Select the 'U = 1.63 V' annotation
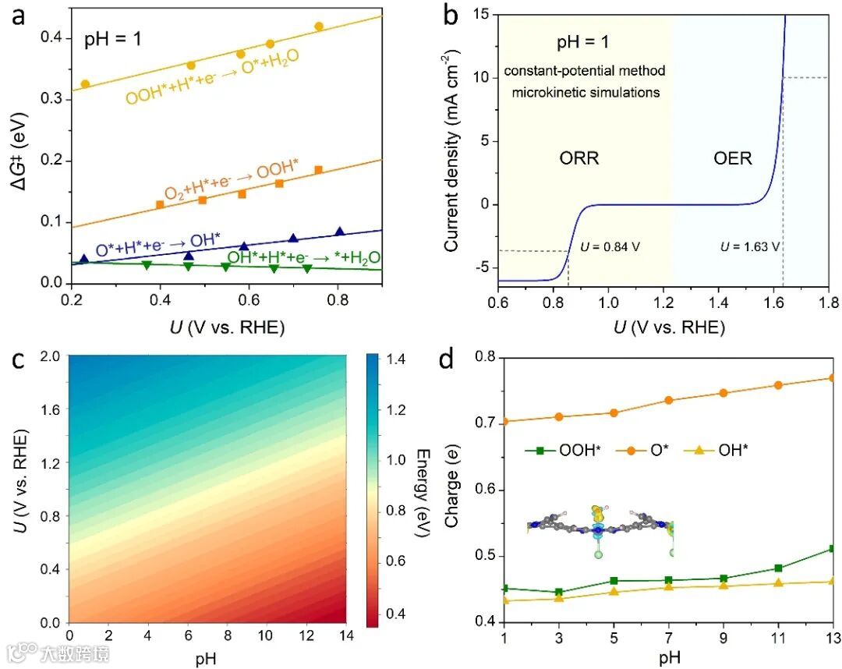pos(748,248)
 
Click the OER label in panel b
pos(733,158)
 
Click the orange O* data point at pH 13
pos(833,378)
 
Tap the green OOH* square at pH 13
pos(833,549)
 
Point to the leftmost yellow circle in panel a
pos(85,83)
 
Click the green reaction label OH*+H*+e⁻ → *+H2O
pos(303,257)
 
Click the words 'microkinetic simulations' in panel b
pos(584,92)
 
